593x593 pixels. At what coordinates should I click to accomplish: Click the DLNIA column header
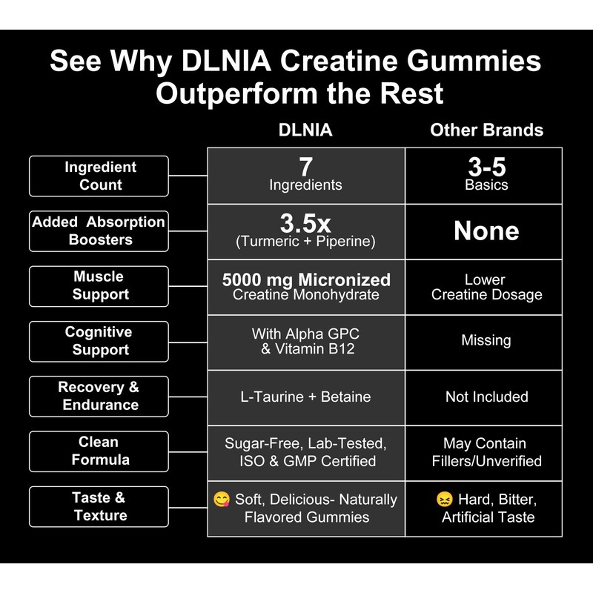(x=305, y=130)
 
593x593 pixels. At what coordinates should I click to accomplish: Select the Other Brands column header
(x=486, y=130)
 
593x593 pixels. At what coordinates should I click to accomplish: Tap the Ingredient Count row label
(x=99, y=176)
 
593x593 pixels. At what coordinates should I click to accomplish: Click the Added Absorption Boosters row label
(x=99, y=231)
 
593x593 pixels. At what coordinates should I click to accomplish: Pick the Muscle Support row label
(x=99, y=286)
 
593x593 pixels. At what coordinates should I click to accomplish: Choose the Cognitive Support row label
(x=99, y=341)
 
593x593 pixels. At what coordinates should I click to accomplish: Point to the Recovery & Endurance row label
(x=99, y=396)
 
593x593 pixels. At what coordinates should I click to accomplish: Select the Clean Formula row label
(x=99, y=451)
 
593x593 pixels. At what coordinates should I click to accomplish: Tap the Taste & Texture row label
(x=99, y=506)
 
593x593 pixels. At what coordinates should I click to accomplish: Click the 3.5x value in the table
(x=305, y=223)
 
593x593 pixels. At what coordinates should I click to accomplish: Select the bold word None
(x=486, y=231)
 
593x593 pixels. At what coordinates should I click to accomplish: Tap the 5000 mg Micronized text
(x=306, y=279)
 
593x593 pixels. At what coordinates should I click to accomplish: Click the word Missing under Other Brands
(x=486, y=340)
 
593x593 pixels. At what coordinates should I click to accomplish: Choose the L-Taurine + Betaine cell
(x=306, y=397)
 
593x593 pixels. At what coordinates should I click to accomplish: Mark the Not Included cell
(x=486, y=397)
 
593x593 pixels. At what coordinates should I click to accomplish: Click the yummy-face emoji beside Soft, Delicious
(x=221, y=500)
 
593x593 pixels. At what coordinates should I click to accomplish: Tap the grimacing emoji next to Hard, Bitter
(x=445, y=500)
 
